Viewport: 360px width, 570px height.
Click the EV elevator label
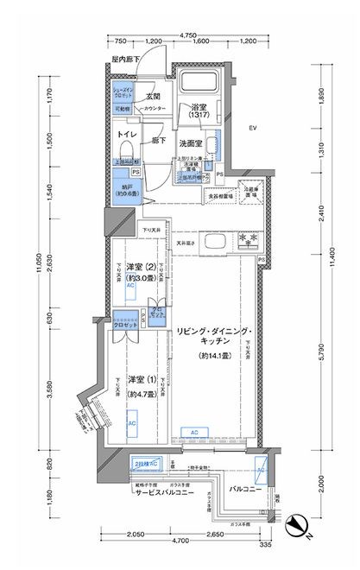253,129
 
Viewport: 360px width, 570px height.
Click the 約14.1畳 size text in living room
211,356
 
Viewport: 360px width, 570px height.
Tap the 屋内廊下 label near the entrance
125,60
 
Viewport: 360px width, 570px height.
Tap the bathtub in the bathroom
200,86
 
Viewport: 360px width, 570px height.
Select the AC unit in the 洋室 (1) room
132,424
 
